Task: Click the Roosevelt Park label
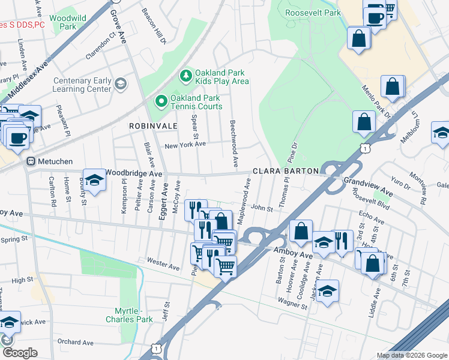(x=313, y=13)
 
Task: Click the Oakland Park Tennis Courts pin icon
(x=161, y=101)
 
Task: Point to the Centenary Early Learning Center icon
(x=121, y=83)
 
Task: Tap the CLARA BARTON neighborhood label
(x=285, y=171)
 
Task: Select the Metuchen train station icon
(x=29, y=161)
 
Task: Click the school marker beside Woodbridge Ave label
(x=94, y=180)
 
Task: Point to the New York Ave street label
(x=185, y=145)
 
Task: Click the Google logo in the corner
(x=20, y=353)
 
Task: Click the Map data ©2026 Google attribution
(x=411, y=355)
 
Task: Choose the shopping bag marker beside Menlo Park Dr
(x=393, y=88)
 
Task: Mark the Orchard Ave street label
(x=76, y=343)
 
